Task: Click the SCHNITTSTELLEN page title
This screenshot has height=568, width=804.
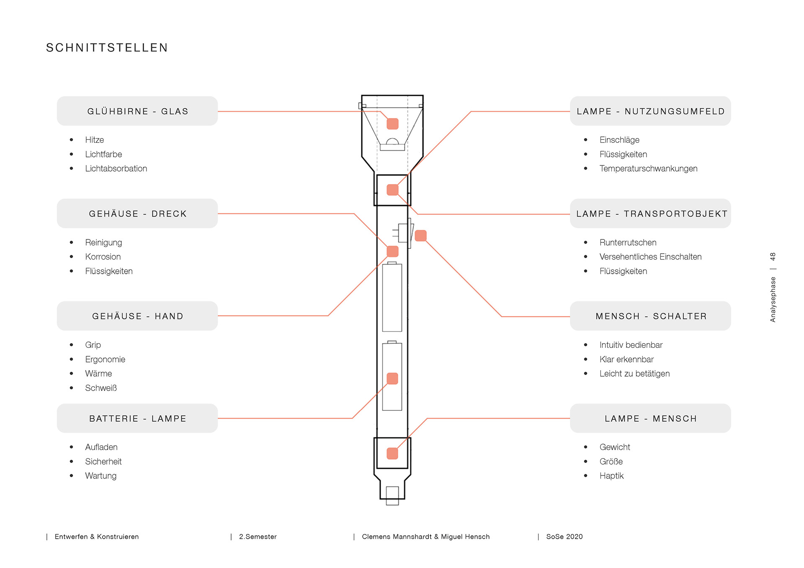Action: point(107,48)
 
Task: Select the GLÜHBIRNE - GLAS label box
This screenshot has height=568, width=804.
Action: point(137,111)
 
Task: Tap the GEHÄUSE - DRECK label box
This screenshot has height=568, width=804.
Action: point(137,213)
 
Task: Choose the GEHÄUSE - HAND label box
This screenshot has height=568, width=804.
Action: point(137,316)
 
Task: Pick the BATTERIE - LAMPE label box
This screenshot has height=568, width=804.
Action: point(137,419)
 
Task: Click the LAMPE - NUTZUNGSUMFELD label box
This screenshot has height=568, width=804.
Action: point(650,111)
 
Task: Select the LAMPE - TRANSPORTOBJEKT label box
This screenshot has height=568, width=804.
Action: point(650,213)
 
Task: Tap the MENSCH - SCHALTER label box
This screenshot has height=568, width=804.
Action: point(650,316)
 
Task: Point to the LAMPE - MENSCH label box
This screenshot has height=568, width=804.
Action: point(650,419)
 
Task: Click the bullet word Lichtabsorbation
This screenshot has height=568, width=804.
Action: point(116,169)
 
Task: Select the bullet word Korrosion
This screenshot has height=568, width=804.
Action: point(103,257)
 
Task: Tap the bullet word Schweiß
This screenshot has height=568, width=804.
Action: point(101,388)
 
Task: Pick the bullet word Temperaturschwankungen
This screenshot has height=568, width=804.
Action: point(648,169)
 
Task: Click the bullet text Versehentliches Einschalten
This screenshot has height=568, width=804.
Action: point(650,257)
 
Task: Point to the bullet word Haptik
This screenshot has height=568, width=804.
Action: point(611,476)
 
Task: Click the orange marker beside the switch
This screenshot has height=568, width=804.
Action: point(420,236)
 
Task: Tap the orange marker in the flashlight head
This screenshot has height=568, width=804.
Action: point(392,123)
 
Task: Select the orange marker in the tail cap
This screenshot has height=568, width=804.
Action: point(392,453)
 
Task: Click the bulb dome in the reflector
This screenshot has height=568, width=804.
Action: point(392,141)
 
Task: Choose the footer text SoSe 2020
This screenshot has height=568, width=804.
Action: point(564,537)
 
